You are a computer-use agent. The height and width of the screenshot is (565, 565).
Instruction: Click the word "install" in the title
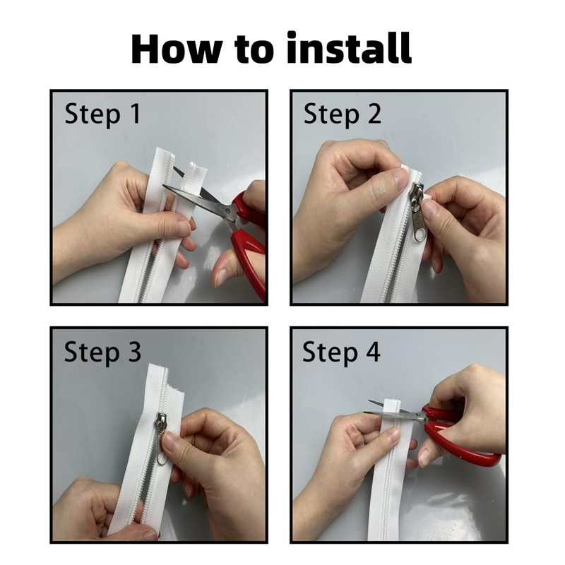(349, 48)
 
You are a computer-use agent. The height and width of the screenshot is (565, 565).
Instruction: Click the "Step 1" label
(102, 114)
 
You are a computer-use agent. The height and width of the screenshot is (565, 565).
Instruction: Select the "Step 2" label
(343, 114)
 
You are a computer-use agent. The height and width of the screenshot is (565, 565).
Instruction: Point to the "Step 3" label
(102, 352)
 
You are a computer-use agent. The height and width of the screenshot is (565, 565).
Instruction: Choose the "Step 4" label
(341, 352)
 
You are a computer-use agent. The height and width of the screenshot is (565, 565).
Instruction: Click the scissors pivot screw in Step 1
(227, 211)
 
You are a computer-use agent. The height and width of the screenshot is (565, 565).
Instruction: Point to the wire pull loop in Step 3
(162, 451)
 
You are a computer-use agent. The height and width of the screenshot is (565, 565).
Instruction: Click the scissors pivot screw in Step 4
(420, 417)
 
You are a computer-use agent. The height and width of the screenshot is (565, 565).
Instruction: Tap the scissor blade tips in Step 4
(368, 408)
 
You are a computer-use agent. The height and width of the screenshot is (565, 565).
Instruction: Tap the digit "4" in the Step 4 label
(373, 352)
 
